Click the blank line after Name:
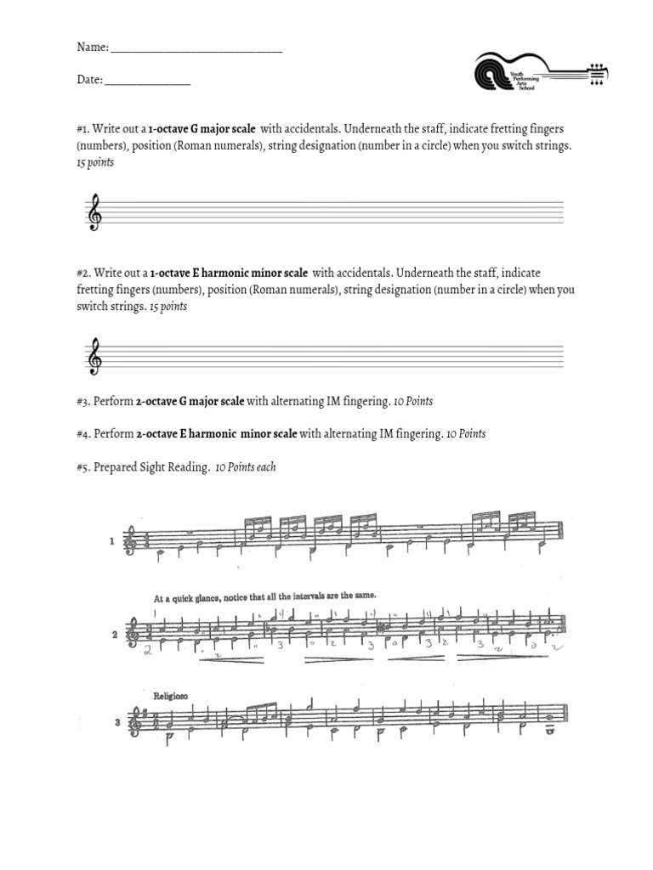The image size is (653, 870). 196,50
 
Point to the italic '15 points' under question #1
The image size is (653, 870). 94,162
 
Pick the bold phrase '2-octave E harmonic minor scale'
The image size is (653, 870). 217,433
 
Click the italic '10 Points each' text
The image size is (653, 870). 246,466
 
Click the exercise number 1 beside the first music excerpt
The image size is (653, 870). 111,539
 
